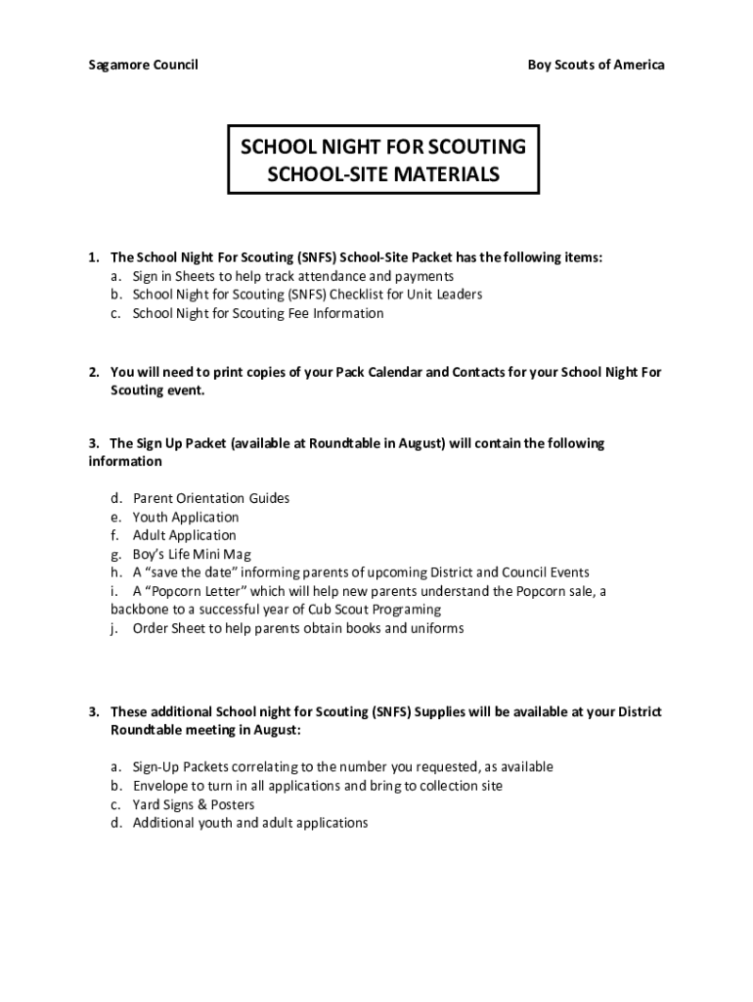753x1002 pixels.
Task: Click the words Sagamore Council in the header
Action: coord(143,65)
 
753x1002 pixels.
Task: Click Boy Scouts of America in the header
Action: coord(596,65)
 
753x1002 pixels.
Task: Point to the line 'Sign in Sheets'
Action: coord(292,276)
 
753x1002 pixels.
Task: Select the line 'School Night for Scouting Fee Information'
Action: coord(258,313)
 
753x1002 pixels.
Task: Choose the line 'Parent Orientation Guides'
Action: coord(211,498)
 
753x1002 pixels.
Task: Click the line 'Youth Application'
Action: coord(186,517)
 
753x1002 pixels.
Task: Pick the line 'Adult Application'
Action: coord(185,535)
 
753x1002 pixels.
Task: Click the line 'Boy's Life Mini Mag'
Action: coord(192,554)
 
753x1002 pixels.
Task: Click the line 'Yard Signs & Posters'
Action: coord(194,804)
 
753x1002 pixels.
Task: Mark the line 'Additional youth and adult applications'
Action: coord(250,823)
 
